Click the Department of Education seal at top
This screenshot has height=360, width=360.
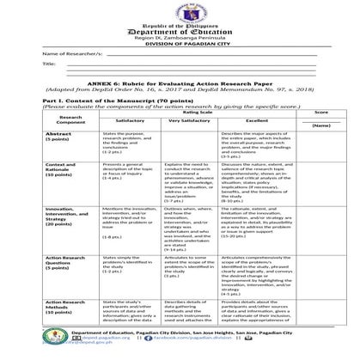[x=180, y=7]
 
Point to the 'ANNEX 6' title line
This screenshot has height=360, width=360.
[x=180, y=80]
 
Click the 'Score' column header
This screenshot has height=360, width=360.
[x=320, y=112]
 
